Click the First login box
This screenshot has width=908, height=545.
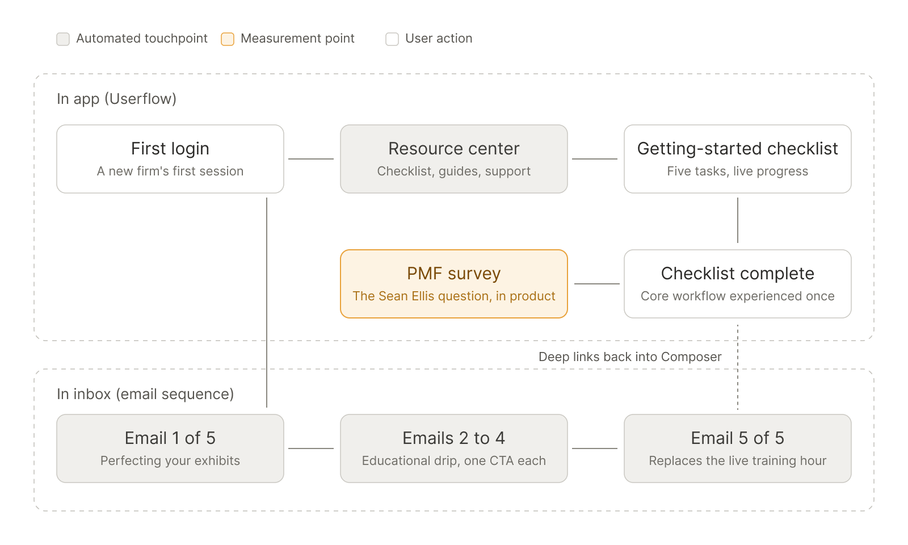[170, 159]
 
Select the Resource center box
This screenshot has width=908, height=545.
[454, 159]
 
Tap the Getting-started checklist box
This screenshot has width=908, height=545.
[738, 159]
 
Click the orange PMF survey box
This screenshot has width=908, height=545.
[454, 284]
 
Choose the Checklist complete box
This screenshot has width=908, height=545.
[738, 284]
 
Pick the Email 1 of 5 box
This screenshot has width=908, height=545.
[170, 448]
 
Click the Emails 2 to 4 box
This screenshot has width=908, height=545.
[454, 448]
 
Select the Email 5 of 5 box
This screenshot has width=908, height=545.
[738, 448]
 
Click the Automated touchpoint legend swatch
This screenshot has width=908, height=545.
[63, 39]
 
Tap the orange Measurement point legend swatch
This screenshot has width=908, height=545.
[228, 39]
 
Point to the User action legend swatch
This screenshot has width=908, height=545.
[392, 39]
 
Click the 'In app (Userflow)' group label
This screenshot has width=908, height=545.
[117, 99]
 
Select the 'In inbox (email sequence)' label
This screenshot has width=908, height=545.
[145, 394]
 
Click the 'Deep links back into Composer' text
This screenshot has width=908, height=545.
[630, 357]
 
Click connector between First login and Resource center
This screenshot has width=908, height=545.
[311, 159]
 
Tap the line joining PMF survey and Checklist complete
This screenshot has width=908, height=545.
[596, 284]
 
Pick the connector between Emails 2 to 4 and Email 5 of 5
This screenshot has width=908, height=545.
[595, 448]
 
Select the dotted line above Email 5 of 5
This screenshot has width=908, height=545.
[738, 367]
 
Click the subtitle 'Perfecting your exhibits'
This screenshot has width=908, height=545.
[170, 460]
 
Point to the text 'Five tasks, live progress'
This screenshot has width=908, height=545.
[738, 171]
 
